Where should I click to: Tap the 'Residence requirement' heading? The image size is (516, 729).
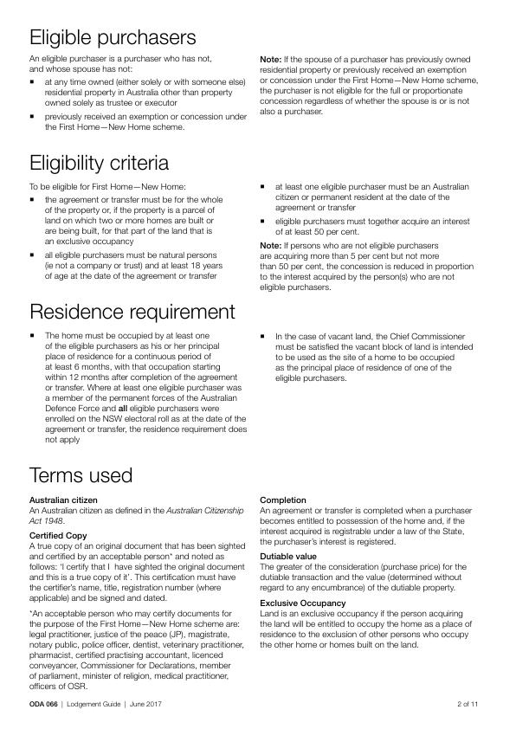(x=131, y=312)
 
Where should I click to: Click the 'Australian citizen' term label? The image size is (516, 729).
(x=63, y=500)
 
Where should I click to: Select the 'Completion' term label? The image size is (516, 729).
(x=283, y=500)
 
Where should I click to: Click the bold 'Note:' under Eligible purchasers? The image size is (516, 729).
(x=270, y=59)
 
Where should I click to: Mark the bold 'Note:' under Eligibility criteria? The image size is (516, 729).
(x=270, y=245)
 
